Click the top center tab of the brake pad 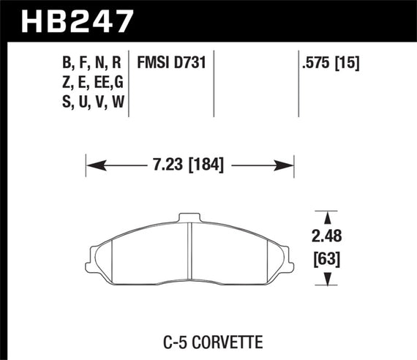(189, 217)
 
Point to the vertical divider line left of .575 (300, 83)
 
